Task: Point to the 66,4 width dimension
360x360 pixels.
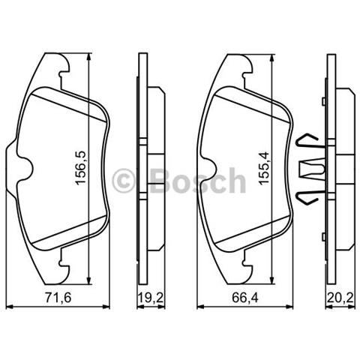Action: [x=238, y=300]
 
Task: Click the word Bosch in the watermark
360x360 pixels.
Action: [x=197, y=180]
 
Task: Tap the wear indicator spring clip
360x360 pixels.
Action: [x=311, y=167]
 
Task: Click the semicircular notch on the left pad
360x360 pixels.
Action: [x=24, y=169]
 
